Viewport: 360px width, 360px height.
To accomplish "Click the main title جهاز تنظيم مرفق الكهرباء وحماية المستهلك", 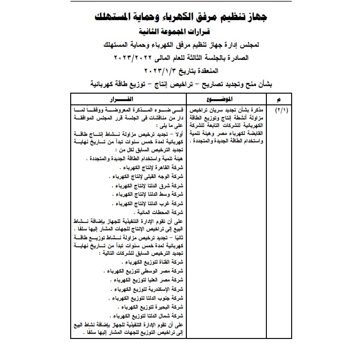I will tap(180, 19).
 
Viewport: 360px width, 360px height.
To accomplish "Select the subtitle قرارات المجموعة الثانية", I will tap(180, 33).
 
